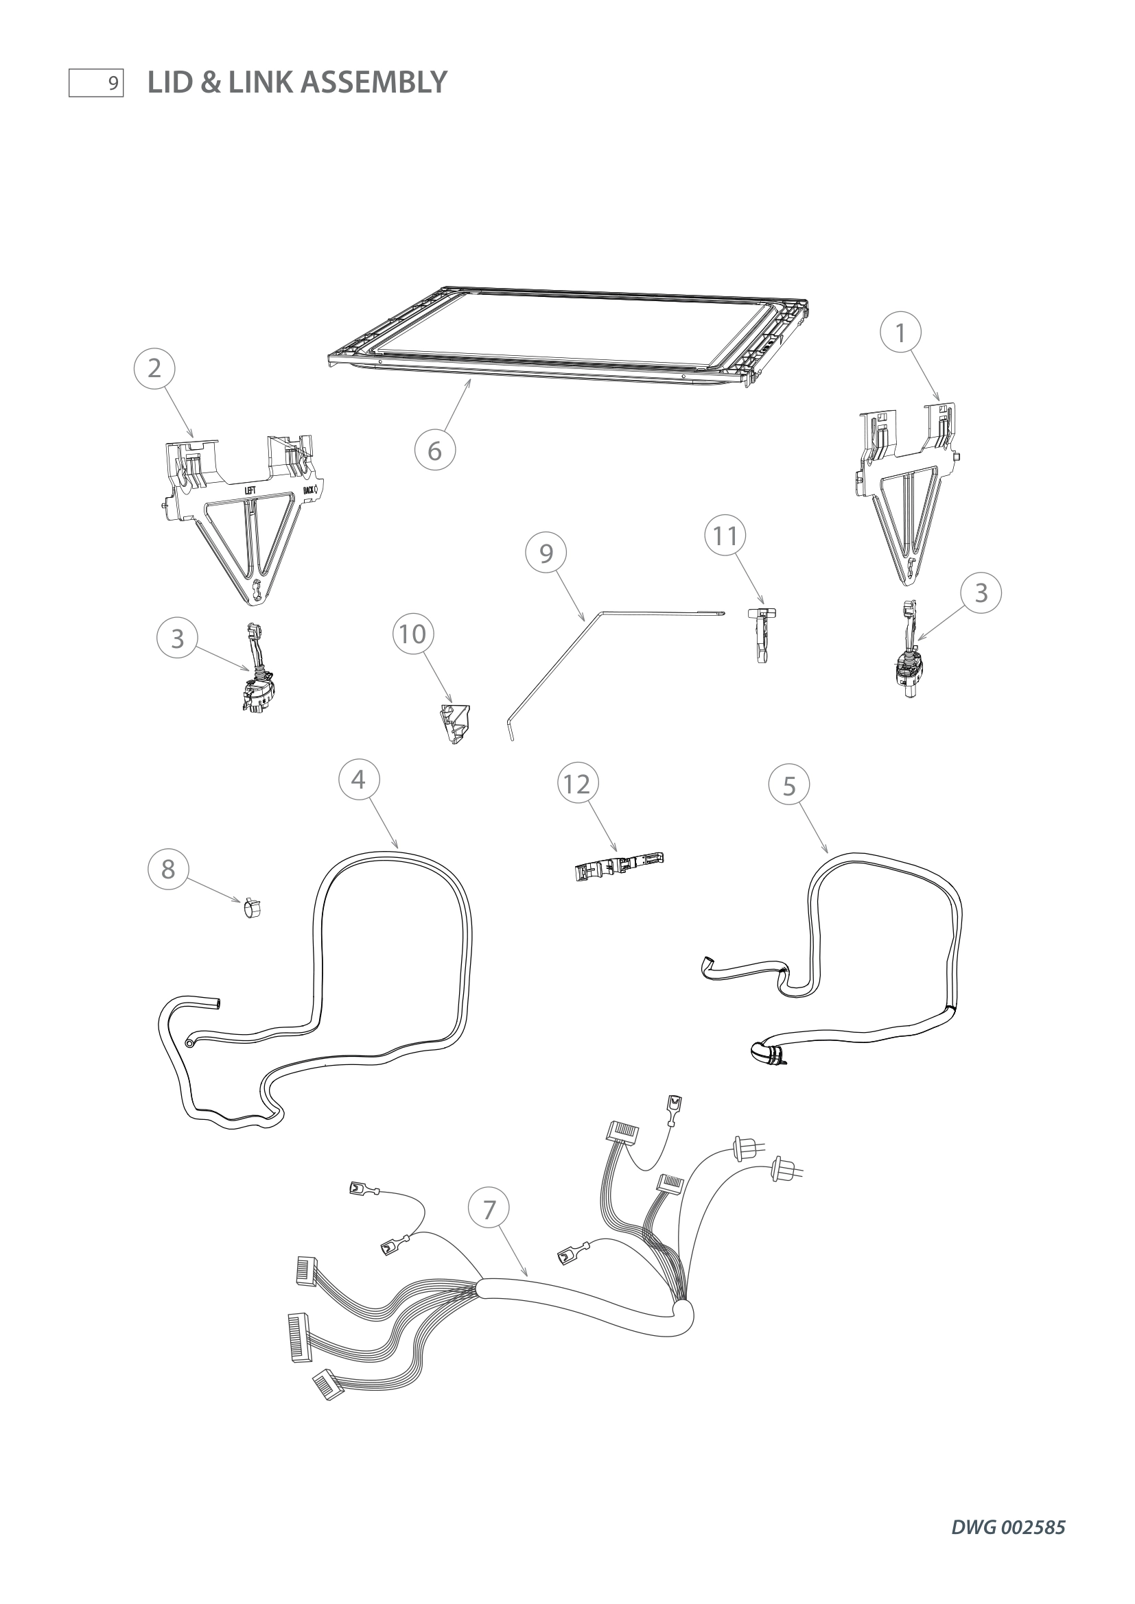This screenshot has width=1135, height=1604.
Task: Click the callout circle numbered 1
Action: (900, 333)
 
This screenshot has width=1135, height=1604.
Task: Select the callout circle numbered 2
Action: (154, 368)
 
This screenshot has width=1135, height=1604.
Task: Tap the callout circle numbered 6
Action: (434, 451)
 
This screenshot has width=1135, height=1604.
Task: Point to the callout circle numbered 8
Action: (167, 869)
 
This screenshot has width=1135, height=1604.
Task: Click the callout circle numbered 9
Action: (546, 553)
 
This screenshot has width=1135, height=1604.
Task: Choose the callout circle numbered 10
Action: (412, 634)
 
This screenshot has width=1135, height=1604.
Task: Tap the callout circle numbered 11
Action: (725, 536)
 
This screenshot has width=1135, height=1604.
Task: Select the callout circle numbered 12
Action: (577, 784)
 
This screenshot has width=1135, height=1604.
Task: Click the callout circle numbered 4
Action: (358, 779)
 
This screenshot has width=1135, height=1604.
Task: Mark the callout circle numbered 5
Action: (789, 786)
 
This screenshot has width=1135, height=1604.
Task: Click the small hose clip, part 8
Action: (252, 909)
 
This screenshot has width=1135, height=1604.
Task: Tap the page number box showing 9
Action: (96, 83)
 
